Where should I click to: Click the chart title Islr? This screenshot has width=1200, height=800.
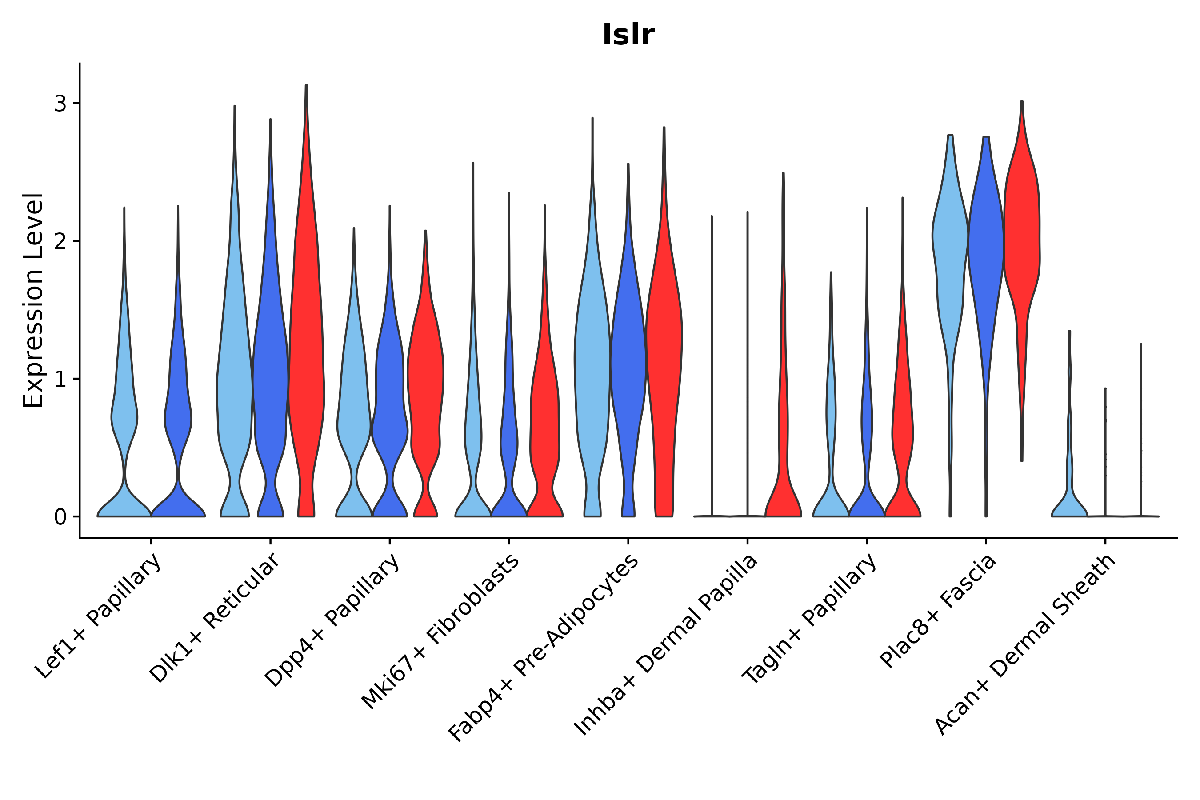pos(628,35)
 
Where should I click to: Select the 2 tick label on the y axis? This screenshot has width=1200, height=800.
pos(60,241)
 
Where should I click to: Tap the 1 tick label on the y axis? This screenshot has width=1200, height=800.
pos(60,379)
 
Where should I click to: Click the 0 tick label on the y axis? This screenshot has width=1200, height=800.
pos(60,517)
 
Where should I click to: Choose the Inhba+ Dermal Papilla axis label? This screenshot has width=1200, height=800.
pos(666,645)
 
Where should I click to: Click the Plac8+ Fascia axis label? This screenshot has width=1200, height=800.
pos(938,611)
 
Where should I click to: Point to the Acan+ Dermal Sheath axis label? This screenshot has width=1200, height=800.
pos(1025,645)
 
